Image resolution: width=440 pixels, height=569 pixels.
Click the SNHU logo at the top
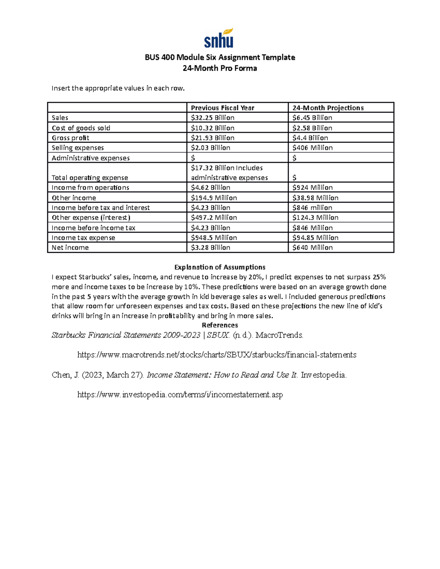(x=219, y=38)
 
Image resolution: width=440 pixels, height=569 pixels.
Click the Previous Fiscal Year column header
(x=222, y=108)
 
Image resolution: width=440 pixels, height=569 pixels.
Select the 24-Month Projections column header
(x=328, y=108)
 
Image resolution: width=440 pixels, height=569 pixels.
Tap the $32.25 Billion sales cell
(x=213, y=118)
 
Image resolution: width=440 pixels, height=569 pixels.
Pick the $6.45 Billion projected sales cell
(x=312, y=118)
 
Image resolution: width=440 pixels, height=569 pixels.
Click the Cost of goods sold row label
(x=81, y=128)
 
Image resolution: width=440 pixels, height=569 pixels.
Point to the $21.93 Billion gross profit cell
(x=213, y=138)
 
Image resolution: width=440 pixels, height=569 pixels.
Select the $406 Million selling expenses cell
(x=312, y=148)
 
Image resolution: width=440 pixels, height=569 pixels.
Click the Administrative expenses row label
(x=91, y=158)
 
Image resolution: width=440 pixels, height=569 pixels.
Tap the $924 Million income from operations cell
(x=312, y=188)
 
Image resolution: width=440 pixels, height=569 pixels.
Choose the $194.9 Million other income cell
(x=214, y=198)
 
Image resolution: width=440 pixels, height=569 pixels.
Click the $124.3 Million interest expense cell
(x=315, y=218)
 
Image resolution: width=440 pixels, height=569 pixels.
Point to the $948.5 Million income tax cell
(x=214, y=238)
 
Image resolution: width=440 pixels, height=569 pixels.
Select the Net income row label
(x=70, y=248)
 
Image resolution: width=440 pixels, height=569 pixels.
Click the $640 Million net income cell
(x=312, y=248)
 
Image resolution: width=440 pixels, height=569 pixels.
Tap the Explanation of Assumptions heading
(x=220, y=267)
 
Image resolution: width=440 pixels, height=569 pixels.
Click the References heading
(x=220, y=325)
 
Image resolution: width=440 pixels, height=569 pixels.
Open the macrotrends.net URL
(x=217, y=355)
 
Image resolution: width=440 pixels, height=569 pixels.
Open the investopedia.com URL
(x=180, y=395)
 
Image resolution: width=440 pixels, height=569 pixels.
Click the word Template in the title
(x=279, y=58)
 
